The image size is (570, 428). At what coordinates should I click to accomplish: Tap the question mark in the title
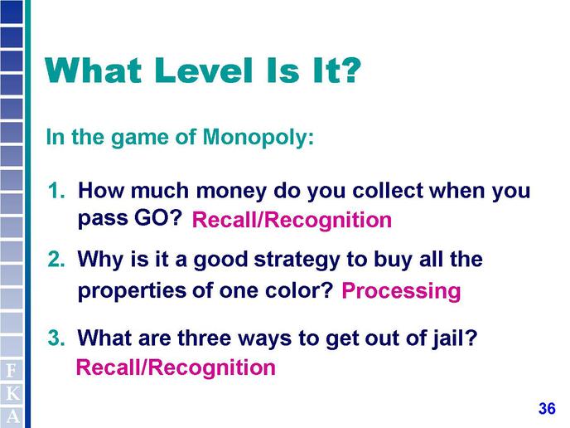point(350,70)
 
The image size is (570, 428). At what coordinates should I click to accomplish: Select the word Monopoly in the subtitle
point(258,138)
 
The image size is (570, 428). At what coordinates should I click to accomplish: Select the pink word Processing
point(401,291)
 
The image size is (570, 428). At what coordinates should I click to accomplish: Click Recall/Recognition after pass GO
point(292,221)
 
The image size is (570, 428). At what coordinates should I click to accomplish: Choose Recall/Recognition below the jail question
point(176,367)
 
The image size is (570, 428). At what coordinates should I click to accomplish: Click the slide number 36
point(547,408)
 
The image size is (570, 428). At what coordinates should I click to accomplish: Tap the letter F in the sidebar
point(12,372)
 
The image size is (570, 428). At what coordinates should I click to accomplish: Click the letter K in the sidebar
point(12,394)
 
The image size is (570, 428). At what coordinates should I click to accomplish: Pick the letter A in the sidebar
point(12,416)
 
